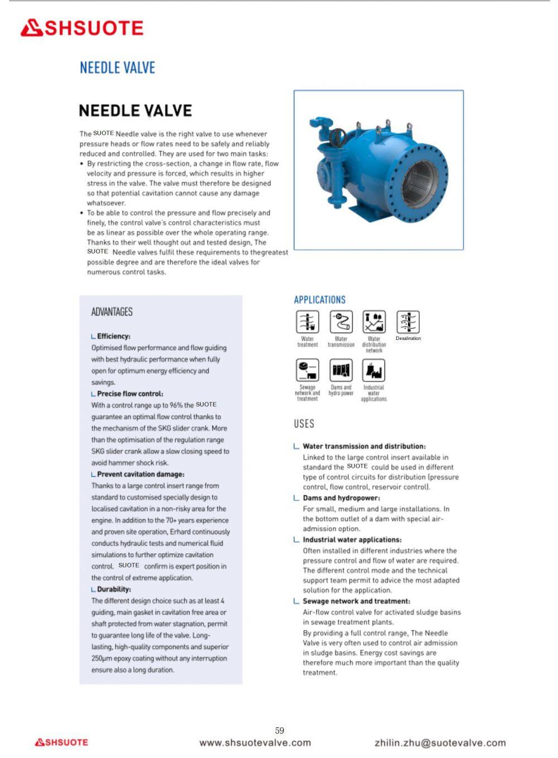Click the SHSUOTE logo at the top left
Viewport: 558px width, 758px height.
click(x=82, y=28)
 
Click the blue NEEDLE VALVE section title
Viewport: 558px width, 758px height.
click(x=117, y=68)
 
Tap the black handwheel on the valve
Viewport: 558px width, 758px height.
click(x=338, y=137)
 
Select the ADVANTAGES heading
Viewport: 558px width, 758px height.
click(x=112, y=311)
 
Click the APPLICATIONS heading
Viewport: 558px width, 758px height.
click(x=320, y=300)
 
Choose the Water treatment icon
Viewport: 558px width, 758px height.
click(x=307, y=322)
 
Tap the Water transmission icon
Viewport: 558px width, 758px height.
click(x=341, y=322)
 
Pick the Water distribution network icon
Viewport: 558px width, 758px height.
click(x=374, y=322)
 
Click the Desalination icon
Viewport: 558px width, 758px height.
click(x=408, y=322)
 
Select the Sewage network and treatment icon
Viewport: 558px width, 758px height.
click(x=307, y=370)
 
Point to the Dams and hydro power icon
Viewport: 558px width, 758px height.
click(x=341, y=370)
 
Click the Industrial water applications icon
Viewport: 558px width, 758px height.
click(x=374, y=370)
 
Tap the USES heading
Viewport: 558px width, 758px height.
click(x=304, y=424)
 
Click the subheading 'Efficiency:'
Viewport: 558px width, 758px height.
click(x=113, y=336)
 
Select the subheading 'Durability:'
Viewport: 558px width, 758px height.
click(x=114, y=589)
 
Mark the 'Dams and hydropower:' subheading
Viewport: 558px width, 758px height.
click(x=341, y=498)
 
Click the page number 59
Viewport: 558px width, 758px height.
click(x=280, y=730)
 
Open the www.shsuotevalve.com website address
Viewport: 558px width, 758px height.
click(x=255, y=742)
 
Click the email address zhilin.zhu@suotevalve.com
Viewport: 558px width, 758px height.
click(x=440, y=743)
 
